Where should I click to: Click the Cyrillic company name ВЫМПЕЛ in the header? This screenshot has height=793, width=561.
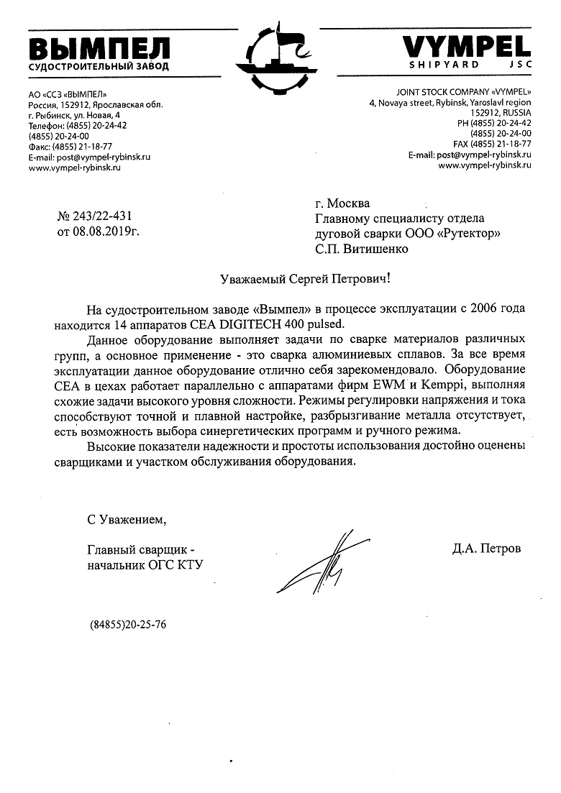[x=99, y=49]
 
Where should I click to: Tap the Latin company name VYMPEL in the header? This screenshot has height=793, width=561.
[x=466, y=47]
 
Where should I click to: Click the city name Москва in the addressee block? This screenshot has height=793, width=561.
[x=349, y=203]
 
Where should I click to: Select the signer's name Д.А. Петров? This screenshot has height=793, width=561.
[x=487, y=549]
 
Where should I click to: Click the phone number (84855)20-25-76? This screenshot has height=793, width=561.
[x=128, y=625]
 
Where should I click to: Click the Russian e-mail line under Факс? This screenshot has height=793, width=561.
[x=89, y=156]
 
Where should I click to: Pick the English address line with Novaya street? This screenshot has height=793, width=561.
[x=450, y=104]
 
